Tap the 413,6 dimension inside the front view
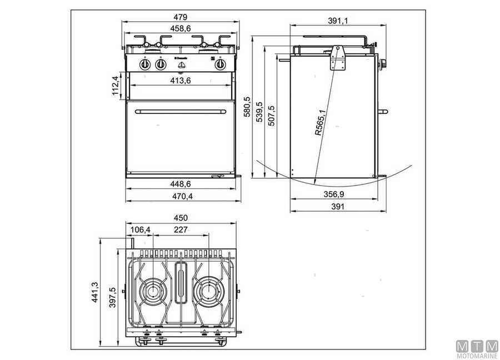click(x=181, y=81)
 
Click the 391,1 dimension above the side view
click(x=338, y=21)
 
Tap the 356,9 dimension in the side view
click(x=338, y=194)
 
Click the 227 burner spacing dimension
click(x=181, y=229)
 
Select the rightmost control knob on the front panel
click(x=221, y=64)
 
